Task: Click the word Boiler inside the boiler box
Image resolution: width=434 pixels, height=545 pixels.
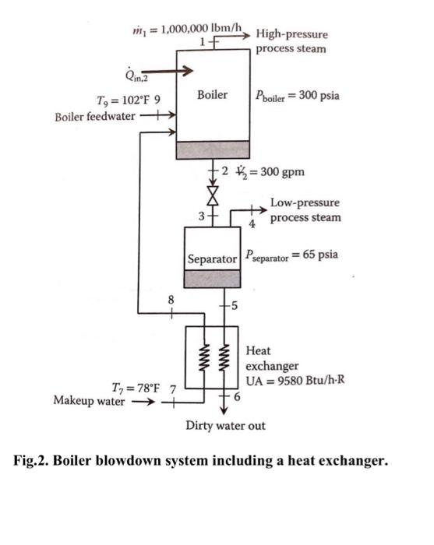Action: pyautogui.click(x=212, y=95)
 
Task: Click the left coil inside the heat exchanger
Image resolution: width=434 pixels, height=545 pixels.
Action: pyautogui.click(x=202, y=357)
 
